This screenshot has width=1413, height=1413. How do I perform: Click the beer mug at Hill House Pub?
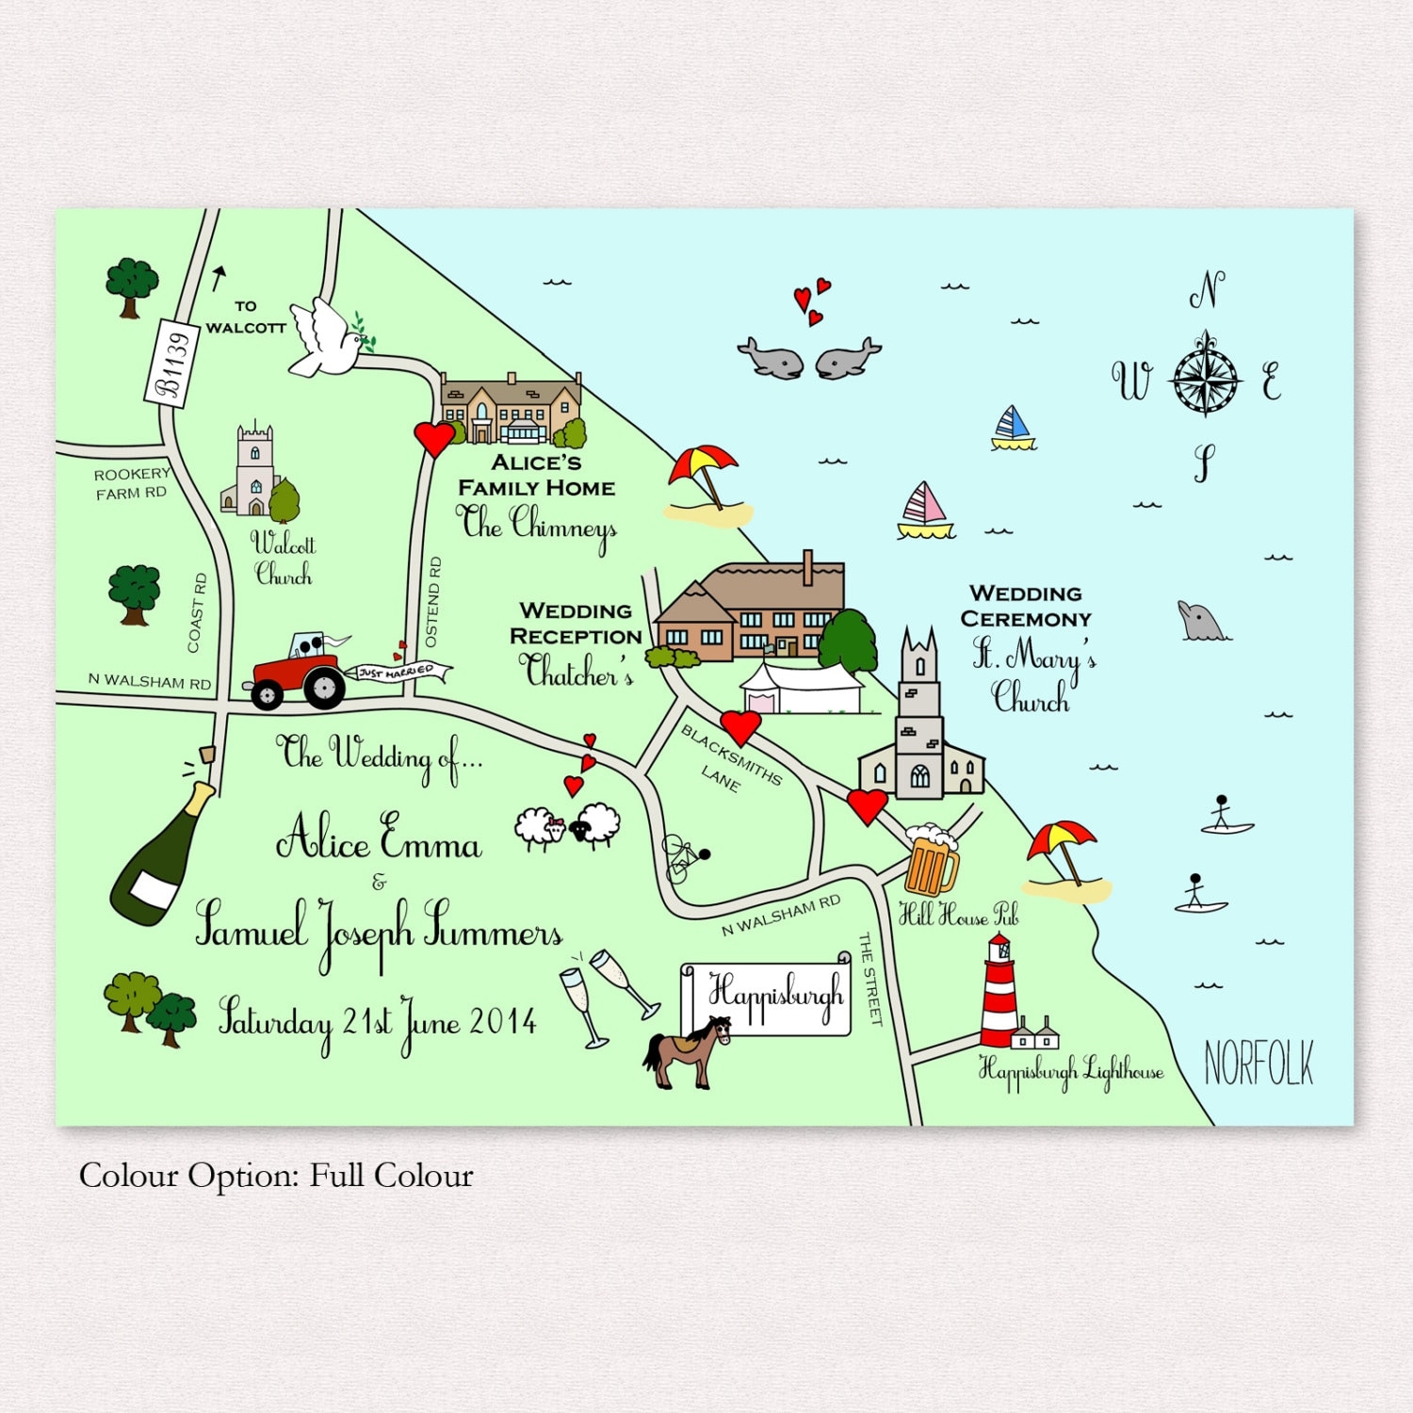(931, 860)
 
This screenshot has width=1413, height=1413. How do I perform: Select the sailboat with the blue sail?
(1013, 429)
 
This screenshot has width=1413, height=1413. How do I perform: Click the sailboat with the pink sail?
(925, 512)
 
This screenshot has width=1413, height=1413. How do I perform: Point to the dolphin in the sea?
(1200, 622)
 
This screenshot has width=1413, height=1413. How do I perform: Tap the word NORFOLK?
(1259, 1064)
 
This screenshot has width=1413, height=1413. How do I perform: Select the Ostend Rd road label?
(432, 601)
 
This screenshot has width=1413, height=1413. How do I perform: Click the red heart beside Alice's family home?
(434, 438)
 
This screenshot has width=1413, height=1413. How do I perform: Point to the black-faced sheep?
(595, 825)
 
